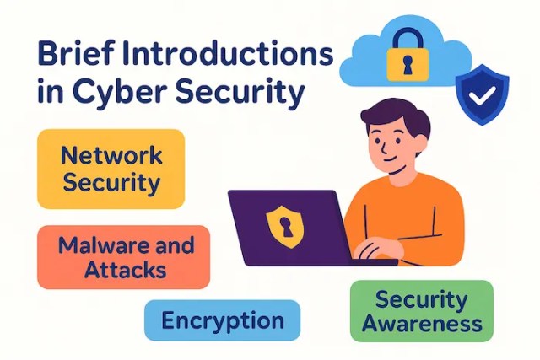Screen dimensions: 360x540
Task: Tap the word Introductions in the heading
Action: click(x=229, y=57)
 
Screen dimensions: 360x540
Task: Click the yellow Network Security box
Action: click(x=111, y=168)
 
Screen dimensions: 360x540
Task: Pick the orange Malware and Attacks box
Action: click(x=123, y=256)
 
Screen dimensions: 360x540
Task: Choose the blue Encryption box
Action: click(x=222, y=321)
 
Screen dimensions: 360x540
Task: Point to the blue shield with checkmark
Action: click(x=483, y=95)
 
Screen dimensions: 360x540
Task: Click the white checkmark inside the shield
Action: click(x=483, y=96)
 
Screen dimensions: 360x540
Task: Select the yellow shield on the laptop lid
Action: click(x=283, y=223)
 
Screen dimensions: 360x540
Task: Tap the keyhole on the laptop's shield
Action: click(x=283, y=224)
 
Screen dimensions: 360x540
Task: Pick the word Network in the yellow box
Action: click(x=111, y=156)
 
